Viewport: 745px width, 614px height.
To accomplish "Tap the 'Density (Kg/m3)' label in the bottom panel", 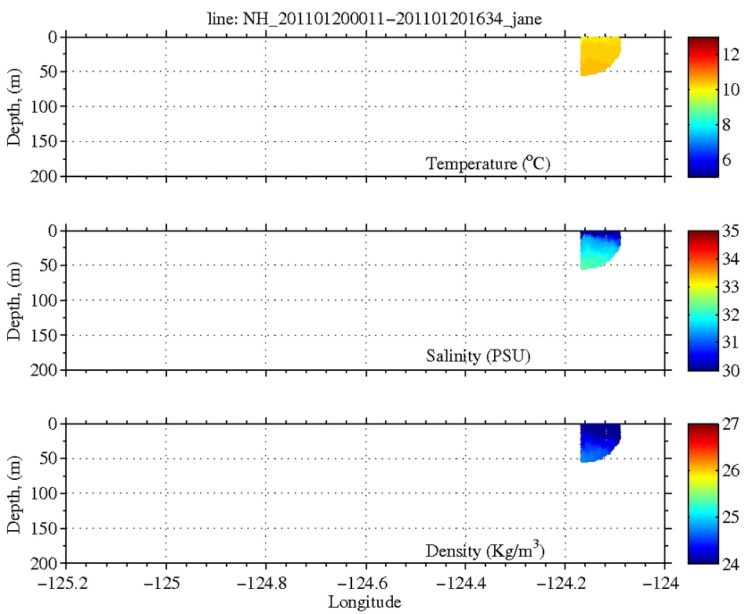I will click(485, 550).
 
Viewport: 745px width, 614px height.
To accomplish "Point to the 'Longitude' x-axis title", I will click(365, 602).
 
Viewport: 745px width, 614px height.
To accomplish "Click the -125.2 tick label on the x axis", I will click(66, 584).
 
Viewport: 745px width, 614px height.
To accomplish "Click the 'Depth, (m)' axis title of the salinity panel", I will click(15, 300).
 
